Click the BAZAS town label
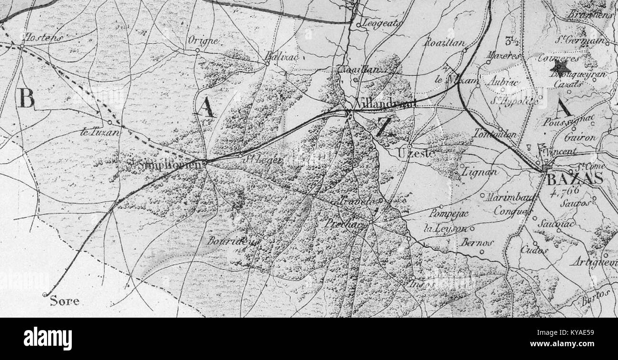coord(575,179)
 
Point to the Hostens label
coord(44,38)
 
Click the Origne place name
coord(203,41)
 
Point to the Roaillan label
coord(444,42)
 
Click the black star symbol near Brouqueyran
coord(560,67)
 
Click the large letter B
coord(27,99)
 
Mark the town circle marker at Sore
coord(45,295)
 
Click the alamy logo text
coord(48,339)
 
